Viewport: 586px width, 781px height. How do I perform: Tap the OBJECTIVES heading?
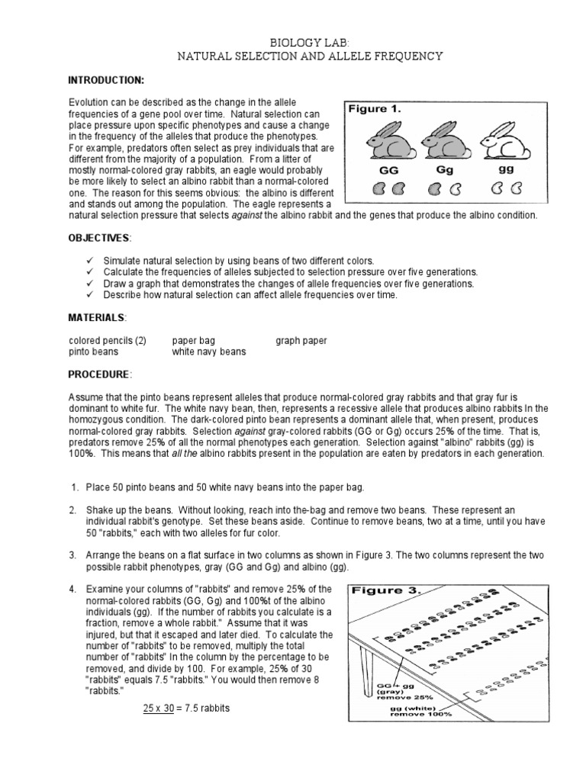100,239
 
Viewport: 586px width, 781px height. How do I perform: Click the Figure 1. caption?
375,109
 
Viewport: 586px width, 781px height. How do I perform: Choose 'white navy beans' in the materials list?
209,352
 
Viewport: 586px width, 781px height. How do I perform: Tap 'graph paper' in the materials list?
301,341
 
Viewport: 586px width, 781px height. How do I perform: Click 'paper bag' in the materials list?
195,341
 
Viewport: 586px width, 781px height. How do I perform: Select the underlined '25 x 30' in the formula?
160,709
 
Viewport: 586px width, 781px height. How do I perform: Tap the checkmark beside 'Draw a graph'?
89,284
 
